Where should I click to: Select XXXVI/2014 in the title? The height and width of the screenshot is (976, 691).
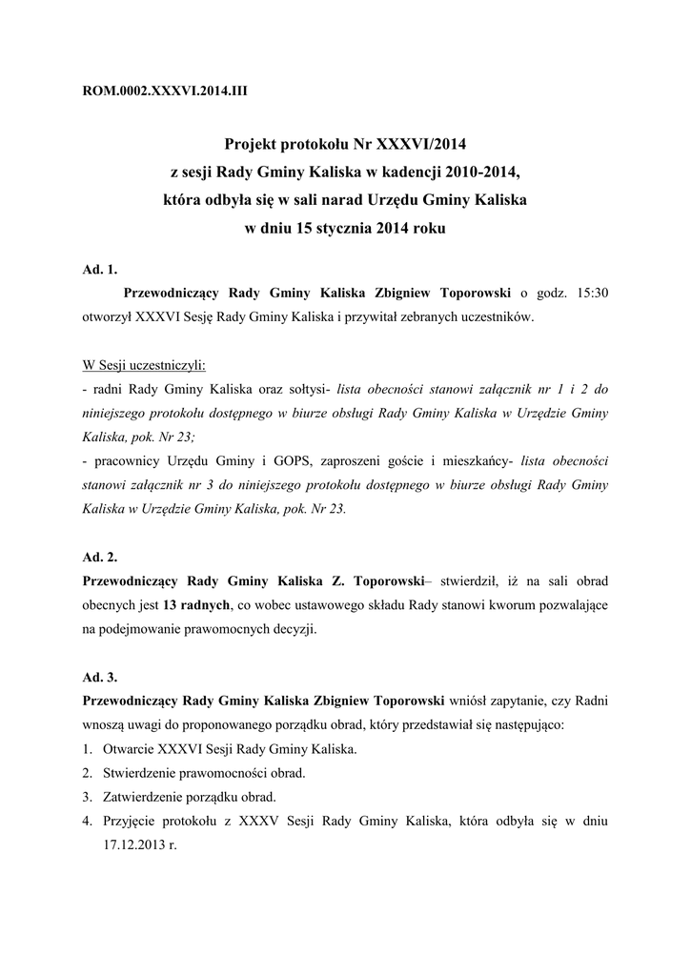tap(424, 146)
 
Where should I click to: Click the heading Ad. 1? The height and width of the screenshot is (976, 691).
tap(100, 269)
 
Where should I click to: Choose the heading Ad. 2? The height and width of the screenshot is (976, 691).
tap(100, 556)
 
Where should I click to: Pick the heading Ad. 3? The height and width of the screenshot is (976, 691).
tap(100, 677)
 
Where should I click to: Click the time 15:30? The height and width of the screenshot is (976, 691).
tap(587, 293)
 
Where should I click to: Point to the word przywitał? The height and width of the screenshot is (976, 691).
tap(396, 316)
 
